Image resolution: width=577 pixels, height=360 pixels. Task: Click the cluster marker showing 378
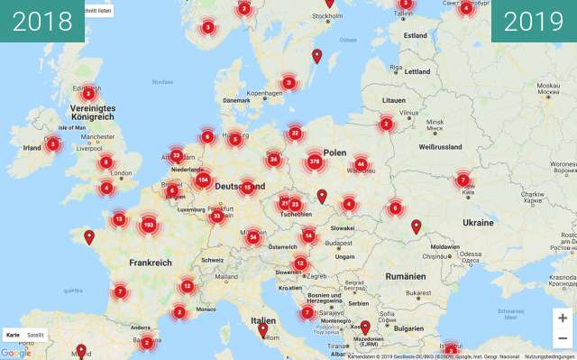314,162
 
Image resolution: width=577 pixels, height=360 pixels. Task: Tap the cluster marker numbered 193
149,224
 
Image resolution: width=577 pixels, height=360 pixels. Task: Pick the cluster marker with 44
361,164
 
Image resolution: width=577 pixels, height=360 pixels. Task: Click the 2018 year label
42,21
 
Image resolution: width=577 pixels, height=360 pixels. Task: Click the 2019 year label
534,21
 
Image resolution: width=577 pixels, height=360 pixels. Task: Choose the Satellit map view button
35,335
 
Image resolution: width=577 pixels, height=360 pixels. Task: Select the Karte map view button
13,335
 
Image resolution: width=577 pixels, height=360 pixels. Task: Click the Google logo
15,353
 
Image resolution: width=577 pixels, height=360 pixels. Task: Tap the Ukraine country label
478,222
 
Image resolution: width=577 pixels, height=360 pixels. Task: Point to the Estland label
416,35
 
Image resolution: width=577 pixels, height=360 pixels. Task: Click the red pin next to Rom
262,330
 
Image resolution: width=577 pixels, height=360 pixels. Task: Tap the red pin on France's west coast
88,237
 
